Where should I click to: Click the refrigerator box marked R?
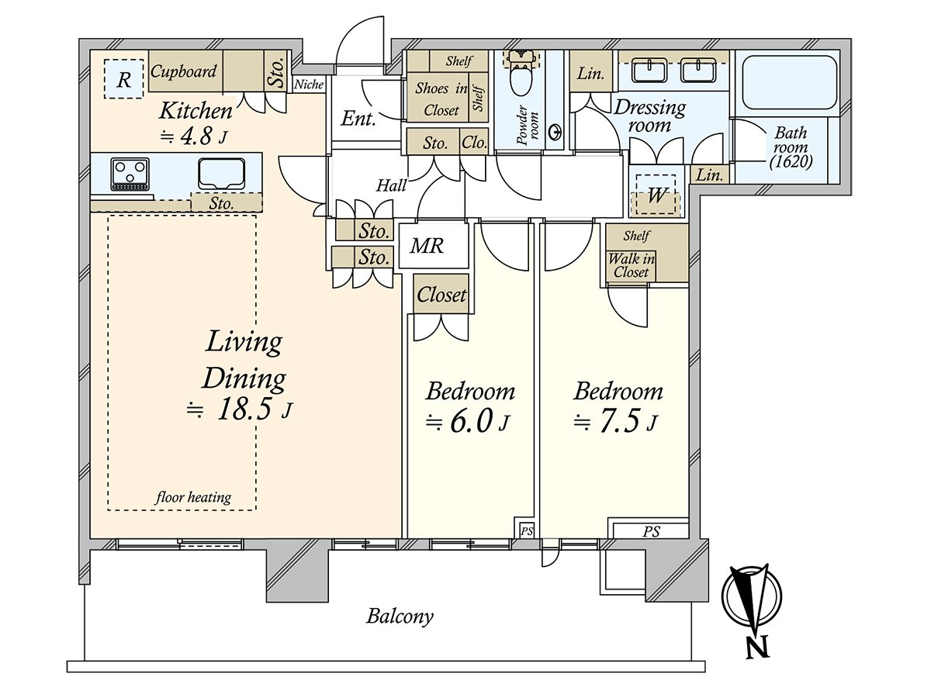123,78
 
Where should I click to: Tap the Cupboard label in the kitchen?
184,72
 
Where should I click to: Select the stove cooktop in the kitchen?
130,174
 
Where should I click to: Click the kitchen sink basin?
221,172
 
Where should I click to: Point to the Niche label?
309,85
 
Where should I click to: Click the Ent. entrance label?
358,119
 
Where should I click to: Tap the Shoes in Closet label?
441,99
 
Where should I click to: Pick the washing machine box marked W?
656,195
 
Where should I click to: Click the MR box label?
427,247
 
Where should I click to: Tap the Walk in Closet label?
630,265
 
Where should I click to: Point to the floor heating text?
194,497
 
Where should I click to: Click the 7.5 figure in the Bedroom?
618,423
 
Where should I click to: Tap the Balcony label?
400,617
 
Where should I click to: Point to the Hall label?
392,185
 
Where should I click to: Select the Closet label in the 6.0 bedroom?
441,295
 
